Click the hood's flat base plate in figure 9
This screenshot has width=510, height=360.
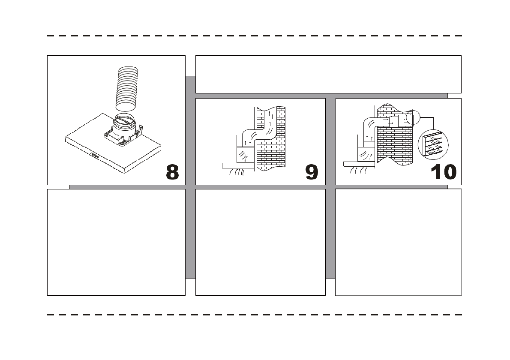pyautogui.click(x=238, y=165)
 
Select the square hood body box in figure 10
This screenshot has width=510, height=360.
pyautogui.click(x=366, y=152)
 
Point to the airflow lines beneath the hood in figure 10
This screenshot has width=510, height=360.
pyautogui.click(x=359, y=171)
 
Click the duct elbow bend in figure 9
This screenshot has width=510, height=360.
pyautogui.click(x=247, y=134)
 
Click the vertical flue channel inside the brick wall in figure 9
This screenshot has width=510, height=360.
pyautogui.click(x=271, y=124)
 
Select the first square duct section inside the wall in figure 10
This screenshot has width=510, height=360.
pyautogui.click(x=393, y=122)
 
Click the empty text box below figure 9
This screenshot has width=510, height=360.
pyautogui.click(x=260, y=242)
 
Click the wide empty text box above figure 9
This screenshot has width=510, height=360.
pyautogui.click(x=328, y=74)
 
